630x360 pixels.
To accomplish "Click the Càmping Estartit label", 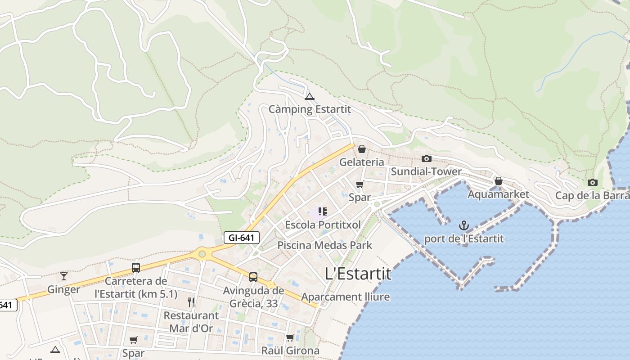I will coord(310,109).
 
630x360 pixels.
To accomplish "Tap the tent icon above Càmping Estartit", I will coord(309,96).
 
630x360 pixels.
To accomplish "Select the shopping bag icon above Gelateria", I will coord(361,149).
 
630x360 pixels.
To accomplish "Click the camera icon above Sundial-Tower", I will coord(426,158).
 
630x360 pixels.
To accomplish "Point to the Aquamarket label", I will coord(498,194).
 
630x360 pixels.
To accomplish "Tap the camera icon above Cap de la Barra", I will coord(592,182).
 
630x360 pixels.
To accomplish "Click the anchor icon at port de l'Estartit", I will coord(463,225).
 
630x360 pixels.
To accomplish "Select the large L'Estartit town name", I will coord(358,274).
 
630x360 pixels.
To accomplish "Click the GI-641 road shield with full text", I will coord(242,238).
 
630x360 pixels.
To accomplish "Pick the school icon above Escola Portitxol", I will coord(322,211).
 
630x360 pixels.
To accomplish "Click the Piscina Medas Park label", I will coord(324,245).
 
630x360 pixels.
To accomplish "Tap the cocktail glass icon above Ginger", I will coord(63,276).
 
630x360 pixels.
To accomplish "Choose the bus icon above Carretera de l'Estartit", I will coord(135,268).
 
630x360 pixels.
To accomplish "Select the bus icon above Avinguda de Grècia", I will coord(253,277).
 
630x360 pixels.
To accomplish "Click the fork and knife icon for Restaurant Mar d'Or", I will coord(191,302).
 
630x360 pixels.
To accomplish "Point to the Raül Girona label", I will coord(290,351).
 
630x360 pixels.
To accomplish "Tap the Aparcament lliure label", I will coord(345,297).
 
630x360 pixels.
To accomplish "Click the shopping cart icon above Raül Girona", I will coord(290,337).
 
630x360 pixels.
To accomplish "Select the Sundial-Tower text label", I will coord(426,171).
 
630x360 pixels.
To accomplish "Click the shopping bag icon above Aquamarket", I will coord(498,181).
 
